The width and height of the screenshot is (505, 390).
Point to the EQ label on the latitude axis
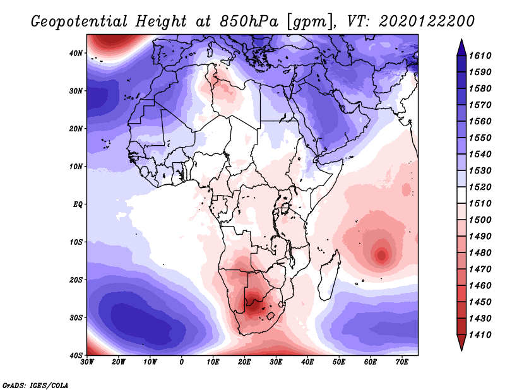tap(78, 204)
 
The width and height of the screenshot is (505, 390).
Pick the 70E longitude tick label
tap(401, 362)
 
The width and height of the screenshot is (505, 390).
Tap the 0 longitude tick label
tap(182, 362)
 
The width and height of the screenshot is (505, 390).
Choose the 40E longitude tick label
tap(307, 362)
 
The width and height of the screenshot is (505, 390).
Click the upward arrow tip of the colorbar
tap(461, 41)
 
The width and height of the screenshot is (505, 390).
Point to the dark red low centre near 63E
tap(381, 255)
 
